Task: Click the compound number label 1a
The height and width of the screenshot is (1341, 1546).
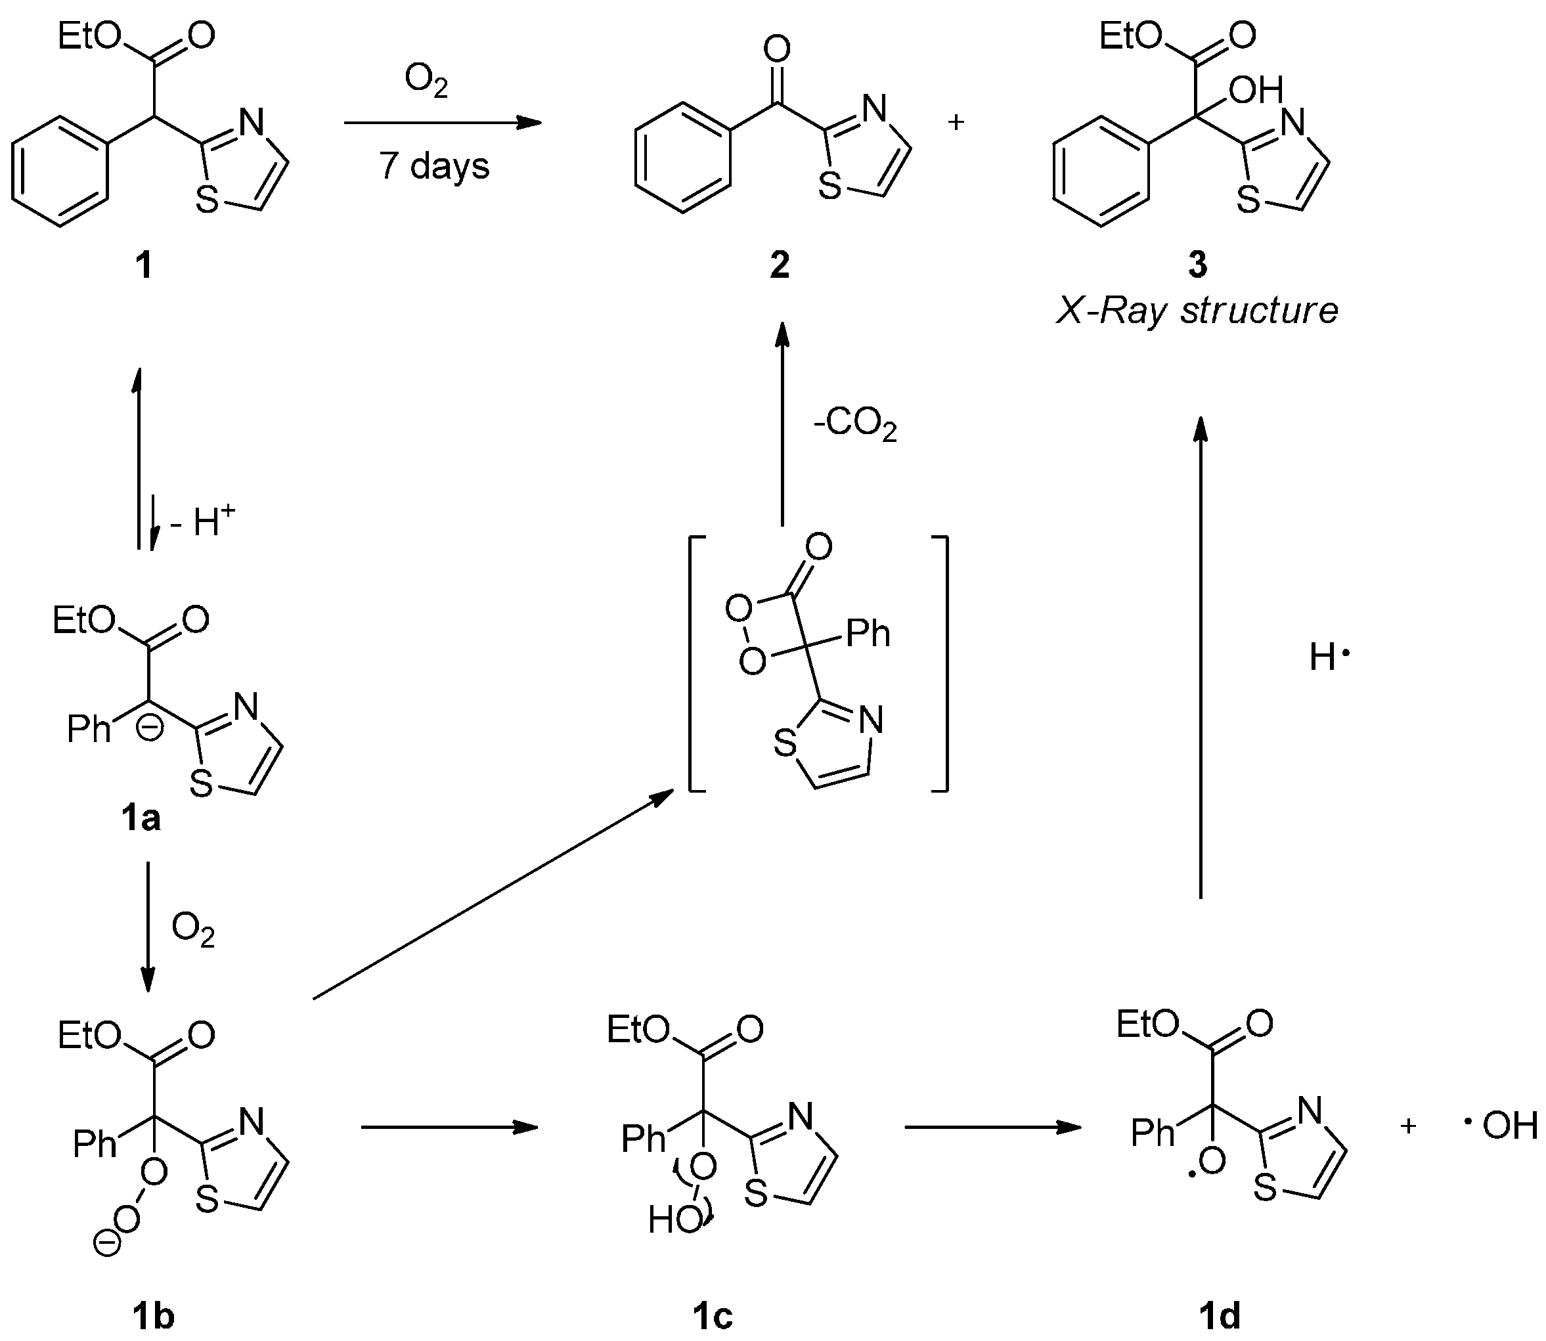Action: (141, 819)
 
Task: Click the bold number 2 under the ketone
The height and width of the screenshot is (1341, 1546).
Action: (779, 265)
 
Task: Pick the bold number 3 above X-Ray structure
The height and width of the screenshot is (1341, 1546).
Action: (1197, 265)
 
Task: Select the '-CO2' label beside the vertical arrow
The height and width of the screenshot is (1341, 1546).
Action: (854, 426)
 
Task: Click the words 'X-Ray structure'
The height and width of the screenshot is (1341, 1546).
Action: (1197, 311)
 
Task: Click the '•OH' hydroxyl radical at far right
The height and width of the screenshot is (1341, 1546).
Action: (1500, 1126)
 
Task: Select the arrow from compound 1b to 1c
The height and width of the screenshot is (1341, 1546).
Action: (449, 1127)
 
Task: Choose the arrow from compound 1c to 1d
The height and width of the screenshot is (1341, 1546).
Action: (992, 1127)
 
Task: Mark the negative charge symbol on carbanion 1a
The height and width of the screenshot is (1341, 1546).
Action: (150, 729)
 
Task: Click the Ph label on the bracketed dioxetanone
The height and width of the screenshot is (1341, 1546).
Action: (868, 634)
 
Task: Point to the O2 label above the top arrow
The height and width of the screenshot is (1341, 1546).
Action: (426, 80)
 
